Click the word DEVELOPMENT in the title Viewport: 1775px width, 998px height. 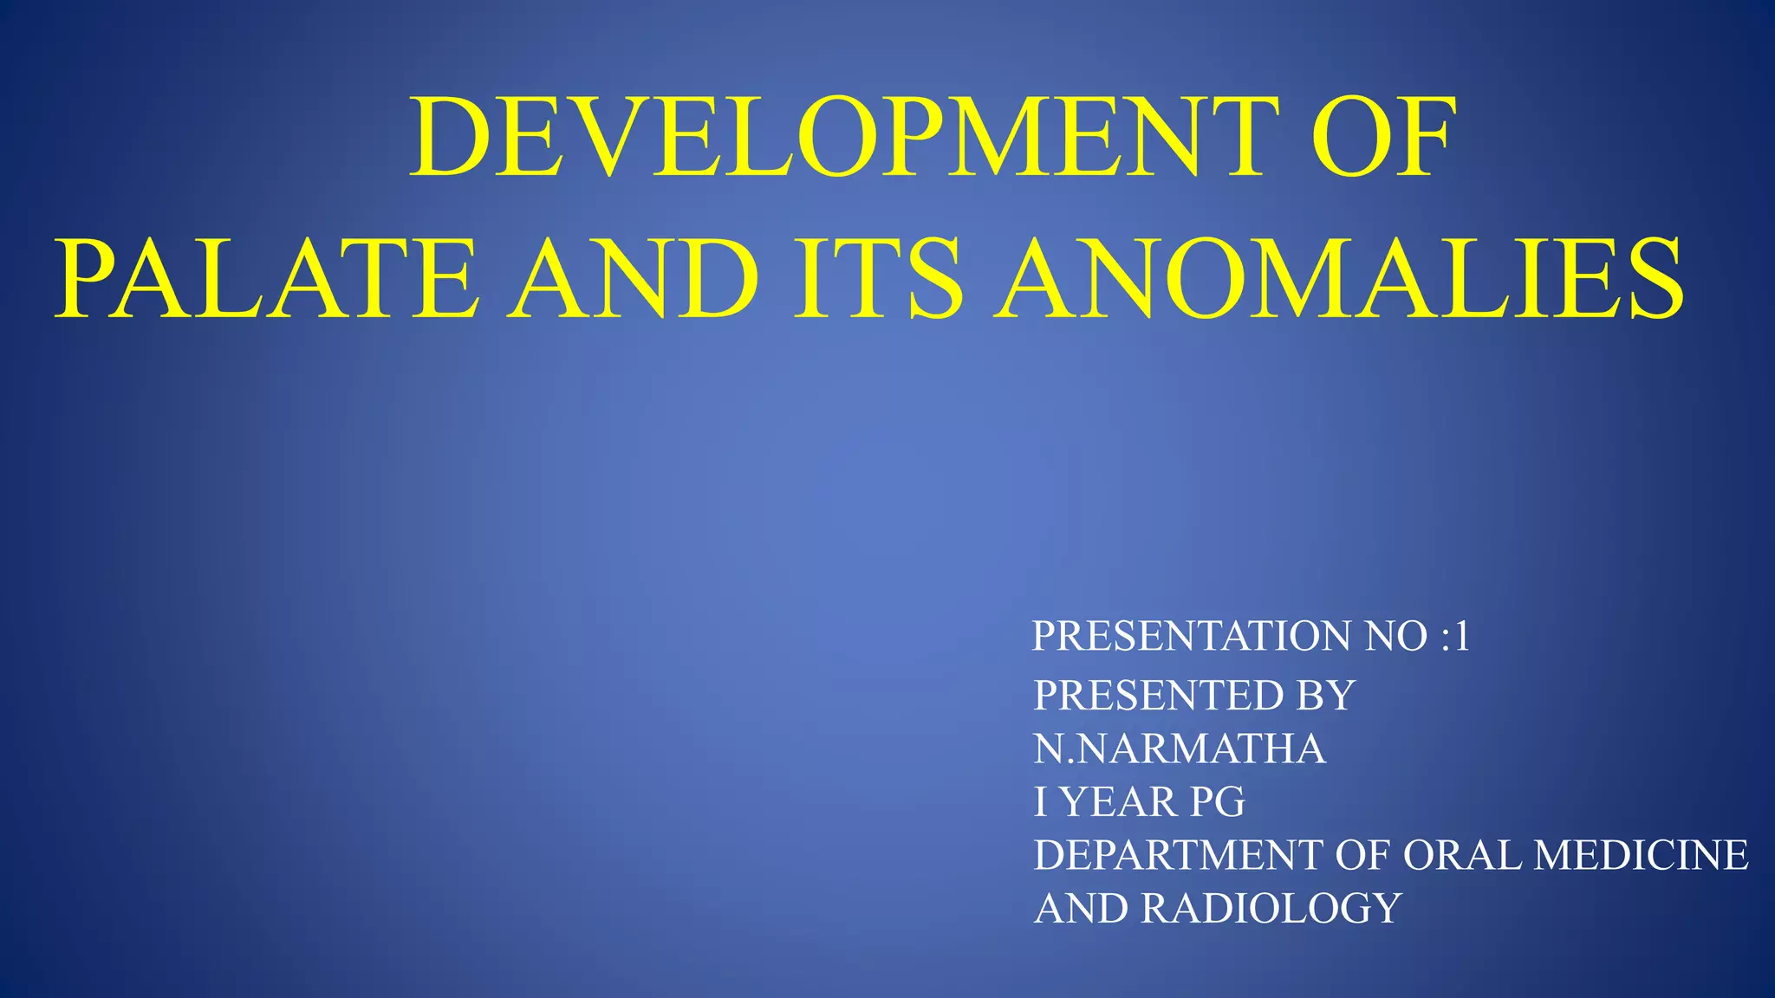[843, 138]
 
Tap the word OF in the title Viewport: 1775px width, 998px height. [1384, 138]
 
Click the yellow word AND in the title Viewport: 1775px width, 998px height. [633, 280]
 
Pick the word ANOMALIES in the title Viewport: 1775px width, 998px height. [1339, 280]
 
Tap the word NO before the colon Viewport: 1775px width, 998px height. [1395, 637]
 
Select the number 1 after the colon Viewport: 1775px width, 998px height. [1462, 637]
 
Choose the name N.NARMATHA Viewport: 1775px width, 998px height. [1180, 749]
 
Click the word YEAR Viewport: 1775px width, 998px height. [1119, 802]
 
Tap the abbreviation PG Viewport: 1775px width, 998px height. [1217, 802]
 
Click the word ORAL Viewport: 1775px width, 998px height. [1461, 856]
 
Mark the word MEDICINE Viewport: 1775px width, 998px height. [1641, 856]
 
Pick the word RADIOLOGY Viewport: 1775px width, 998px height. [1271, 910]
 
